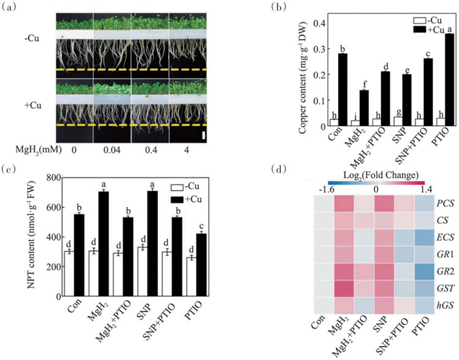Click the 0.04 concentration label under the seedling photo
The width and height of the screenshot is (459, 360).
111,149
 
